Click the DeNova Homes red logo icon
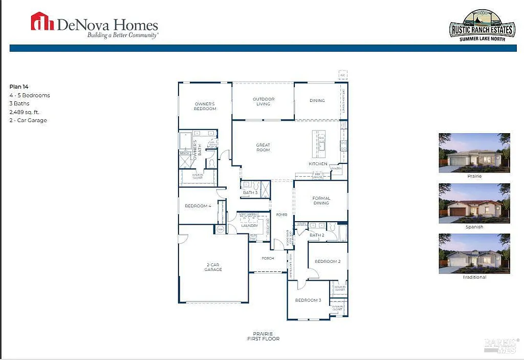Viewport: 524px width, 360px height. tap(42, 22)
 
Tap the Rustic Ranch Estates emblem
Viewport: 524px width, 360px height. tap(481, 26)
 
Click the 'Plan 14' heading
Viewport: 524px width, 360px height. tap(19, 87)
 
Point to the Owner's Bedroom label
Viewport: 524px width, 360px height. tap(205, 107)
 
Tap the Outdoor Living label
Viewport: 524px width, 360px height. tap(263, 101)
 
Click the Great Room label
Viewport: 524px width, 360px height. tap(263, 147)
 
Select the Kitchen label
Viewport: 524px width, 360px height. tap(318, 164)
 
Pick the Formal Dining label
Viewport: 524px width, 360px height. tap(321, 200)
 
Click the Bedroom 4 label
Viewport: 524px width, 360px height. tap(198, 206)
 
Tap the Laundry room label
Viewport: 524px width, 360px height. tap(250, 225)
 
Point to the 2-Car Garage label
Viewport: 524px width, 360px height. tap(213, 267)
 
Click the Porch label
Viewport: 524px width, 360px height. tap(268, 258)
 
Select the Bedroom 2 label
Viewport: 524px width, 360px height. tap(327, 262)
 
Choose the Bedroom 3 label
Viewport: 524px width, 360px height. tap(308, 300)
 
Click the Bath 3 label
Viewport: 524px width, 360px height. tap(250, 193)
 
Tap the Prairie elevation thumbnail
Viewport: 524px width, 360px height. tap(474, 153)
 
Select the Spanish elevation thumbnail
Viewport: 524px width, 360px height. tap(474, 203)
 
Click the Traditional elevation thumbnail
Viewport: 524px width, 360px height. tap(474, 253)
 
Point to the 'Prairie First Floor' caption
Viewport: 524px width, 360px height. tap(263, 336)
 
